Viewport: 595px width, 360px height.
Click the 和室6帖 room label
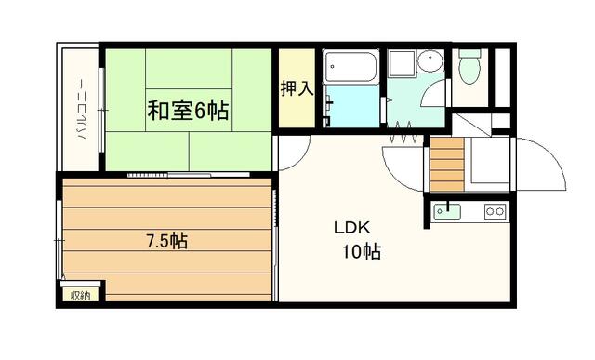click(x=188, y=110)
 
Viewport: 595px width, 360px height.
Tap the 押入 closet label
click(x=297, y=88)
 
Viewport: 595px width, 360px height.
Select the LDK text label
click(x=351, y=228)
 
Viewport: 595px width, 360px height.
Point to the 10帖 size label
click(x=362, y=251)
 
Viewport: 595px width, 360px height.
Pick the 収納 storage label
click(x=81, y=295)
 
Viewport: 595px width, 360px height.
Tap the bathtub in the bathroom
click(x=350, y=67)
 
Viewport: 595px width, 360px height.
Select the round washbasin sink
click(x=430, y=60)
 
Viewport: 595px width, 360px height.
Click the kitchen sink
click(x=447, y=211)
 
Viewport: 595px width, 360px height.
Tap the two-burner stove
click(x=496, y=211)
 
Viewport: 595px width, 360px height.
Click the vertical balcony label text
click(x=82, y=109)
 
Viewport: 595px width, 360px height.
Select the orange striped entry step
click(x=447, y=165)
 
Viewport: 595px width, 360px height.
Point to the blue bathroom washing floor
click(x=352, y=106)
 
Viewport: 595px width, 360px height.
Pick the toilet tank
click(x=469, y=53)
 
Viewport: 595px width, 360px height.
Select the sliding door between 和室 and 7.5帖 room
click(x=189, y=175)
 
